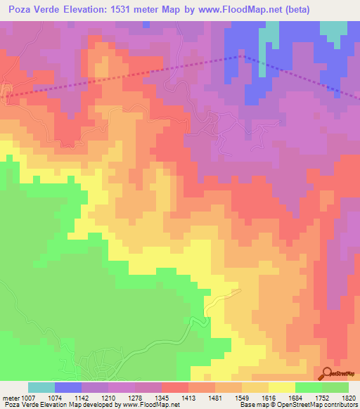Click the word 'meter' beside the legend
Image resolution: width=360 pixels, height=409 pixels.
(10, 398)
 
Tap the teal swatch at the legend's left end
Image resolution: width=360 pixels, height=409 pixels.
(41, 387)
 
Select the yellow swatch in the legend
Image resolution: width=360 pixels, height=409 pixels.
(282, 387)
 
